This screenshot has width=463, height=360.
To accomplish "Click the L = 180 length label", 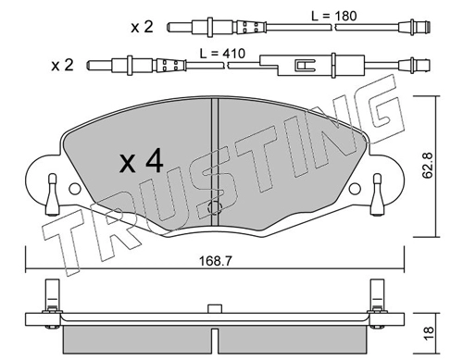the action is [333, 16].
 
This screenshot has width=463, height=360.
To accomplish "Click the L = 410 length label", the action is [222, 54].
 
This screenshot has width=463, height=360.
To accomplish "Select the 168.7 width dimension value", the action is [215, 261].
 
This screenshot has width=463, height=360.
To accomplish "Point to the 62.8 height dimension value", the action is [428, 166].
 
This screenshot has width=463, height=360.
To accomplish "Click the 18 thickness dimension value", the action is [429, 333].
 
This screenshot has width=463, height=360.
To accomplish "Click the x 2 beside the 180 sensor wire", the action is [142, 27].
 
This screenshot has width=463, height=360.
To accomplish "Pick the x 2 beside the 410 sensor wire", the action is [62, 66].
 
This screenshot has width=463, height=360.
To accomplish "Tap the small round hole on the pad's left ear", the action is [74, 189].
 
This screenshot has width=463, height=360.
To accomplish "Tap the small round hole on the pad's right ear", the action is [355, 189].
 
